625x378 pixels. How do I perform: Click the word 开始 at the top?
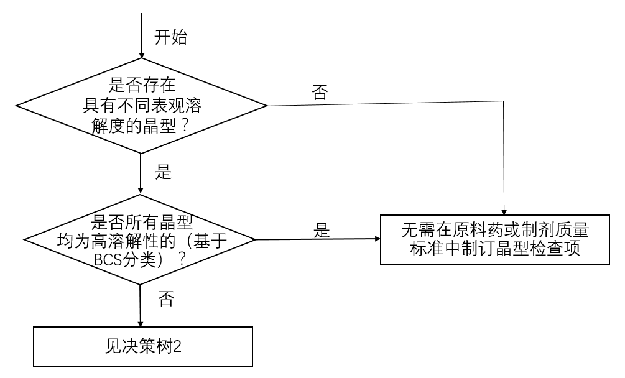point(170,37)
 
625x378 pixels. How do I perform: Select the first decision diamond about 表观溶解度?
point(142,105)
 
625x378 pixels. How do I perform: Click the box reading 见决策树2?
point(142,346)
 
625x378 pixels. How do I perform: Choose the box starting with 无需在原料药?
point(495,239)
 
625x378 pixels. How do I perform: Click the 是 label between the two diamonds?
point(163,173)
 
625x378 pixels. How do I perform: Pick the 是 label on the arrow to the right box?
point(322,231)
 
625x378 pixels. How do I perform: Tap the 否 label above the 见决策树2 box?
point(165,299)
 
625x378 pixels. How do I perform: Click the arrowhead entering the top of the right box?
point(503,210)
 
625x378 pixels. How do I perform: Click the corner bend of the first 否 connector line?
point(503,105)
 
